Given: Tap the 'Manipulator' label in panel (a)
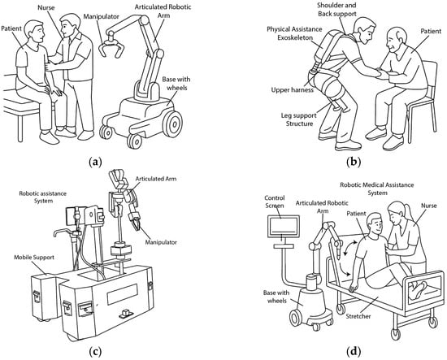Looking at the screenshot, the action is [x=101, y=16].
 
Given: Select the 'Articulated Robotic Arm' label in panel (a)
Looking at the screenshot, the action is [x=163, y=11].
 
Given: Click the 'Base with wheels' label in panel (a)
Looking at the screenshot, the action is [x=176, y=83].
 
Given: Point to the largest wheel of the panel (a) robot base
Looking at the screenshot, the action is [x=173, y=124].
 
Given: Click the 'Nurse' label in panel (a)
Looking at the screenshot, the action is [x=46, y=7].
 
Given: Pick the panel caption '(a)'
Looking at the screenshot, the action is [x=95, y=163].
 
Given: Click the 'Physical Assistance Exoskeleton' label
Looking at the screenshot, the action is [x=295, y=33].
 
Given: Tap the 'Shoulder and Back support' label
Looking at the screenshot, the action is [x=336, y=9].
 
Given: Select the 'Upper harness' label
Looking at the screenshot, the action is [x=293, y=90].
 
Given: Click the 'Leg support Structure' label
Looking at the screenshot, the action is [x=299, y=119].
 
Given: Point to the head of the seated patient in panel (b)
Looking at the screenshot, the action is [x=396, y=40].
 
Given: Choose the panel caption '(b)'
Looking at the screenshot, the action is [x=354, y=163].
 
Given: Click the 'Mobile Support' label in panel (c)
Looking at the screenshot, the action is [x=34, y=258].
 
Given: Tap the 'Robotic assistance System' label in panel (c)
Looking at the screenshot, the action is [x=43, y=197].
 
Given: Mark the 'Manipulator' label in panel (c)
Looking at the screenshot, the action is [x=161, y=242].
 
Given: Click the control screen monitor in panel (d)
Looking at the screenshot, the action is [x=284, y=227].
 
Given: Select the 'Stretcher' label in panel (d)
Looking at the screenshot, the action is [x=358, y=316].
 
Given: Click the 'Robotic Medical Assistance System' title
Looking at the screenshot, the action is [x=377, y=189].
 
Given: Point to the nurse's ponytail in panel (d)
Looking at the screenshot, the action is [x=409, y=212].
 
